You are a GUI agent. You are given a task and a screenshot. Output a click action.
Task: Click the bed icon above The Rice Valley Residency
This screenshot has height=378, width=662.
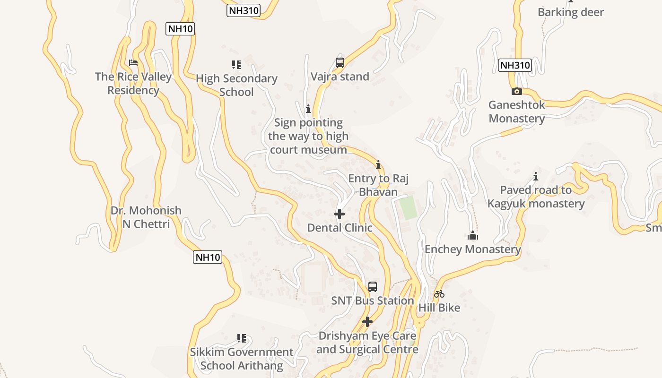pos(133,63)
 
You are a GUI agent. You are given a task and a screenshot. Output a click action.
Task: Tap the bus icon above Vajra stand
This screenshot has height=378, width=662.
pos(340,62)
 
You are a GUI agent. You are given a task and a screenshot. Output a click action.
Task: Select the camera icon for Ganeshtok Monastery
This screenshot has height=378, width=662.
pos(516,91)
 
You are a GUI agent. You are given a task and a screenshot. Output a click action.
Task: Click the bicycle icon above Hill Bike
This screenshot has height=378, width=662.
pos(439,294)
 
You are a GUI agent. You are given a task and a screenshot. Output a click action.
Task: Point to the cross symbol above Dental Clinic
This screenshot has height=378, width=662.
pos(339,214)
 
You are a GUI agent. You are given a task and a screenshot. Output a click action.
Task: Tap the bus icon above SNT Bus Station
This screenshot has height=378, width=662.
pos(373,287)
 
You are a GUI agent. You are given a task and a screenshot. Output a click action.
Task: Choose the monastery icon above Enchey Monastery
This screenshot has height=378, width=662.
pos(472,235)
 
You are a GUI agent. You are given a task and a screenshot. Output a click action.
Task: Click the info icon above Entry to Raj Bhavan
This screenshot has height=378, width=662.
pos(378,165)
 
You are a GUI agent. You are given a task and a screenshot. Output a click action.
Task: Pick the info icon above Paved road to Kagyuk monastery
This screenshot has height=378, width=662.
pos(536,177)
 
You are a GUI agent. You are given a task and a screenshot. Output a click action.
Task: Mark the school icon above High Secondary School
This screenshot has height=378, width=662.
pos(236,65)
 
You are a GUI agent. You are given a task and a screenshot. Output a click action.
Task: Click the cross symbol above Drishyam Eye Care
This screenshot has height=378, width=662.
pos(367,322)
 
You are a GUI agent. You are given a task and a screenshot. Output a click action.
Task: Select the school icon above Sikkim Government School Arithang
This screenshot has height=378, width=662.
pos(242,338)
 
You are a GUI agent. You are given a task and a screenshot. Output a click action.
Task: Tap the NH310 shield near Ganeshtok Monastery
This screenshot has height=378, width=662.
pos(514,65)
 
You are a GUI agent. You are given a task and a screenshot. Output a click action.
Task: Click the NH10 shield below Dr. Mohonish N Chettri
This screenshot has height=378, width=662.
pos(208,257)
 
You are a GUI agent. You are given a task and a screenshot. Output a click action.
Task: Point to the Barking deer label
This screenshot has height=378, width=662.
pos(571,12)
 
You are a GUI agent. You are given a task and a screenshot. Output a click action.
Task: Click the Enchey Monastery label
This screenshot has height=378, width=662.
pos(472,249)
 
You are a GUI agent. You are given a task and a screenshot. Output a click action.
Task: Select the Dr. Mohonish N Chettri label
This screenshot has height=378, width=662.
pos(146,217)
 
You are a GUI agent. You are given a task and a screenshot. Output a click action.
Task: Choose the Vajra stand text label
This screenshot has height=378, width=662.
pos(340,77)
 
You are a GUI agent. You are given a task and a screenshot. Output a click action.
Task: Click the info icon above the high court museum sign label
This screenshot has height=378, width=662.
pos(308,109)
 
